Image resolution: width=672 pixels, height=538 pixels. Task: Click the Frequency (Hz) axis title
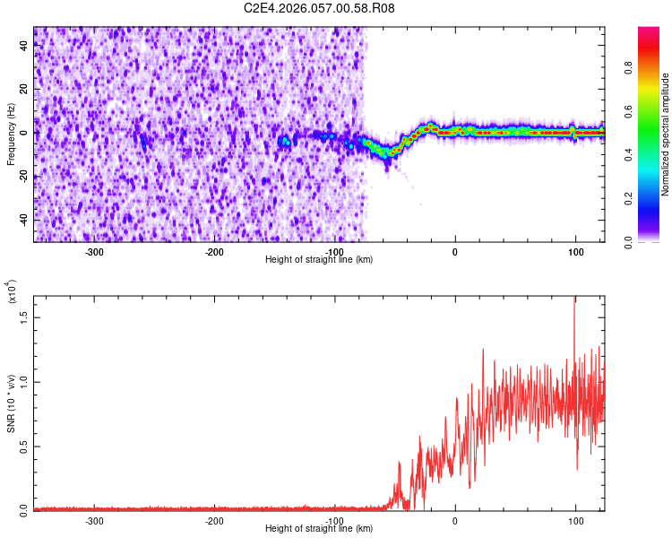(x=12, y=134)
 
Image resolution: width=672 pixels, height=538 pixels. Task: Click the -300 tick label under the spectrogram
(x=94, y=251)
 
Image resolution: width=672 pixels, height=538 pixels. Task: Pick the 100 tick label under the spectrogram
(x=574, y=251)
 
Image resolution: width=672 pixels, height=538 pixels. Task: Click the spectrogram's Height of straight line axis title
(x=319, y=259)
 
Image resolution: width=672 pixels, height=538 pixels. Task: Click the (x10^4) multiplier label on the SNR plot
(x=12, y=291)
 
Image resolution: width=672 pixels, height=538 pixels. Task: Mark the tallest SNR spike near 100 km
(x=574, y=299)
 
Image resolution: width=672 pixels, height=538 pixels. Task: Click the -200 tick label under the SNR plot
(x=214, y=520)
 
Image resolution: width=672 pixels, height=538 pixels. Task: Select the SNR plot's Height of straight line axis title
(x=319, y=528)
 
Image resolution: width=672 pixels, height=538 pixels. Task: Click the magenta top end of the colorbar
(x=649, y=31)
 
